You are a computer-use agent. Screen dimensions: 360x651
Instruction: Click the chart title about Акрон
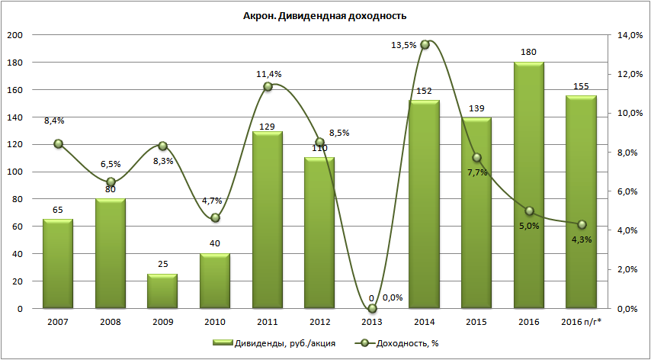[x=325, y=16]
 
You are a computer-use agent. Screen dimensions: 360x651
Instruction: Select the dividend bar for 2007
[x=58, y=264]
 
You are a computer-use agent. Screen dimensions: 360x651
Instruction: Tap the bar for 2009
[x=162, y=291]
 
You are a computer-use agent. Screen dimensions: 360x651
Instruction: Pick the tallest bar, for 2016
[x=528, y=185]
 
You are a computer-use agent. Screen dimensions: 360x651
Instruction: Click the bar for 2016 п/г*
[x=581, y=202]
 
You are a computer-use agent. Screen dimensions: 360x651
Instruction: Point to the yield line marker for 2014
[x=425, y=45]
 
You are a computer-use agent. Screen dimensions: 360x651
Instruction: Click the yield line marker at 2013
[x=373, y=308]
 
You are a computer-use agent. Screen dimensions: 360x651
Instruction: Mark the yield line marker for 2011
[x=268, y=86]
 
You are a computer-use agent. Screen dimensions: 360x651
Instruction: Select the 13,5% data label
[x=404, y=46]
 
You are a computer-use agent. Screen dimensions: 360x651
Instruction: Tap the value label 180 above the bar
[x=528, y=53]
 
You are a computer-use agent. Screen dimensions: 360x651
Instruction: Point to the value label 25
[x=162, y=265]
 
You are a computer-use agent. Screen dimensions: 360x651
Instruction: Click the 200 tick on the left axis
[x=14, y=35]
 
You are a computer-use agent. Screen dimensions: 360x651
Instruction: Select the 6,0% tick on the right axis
[x=625, y=191]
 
